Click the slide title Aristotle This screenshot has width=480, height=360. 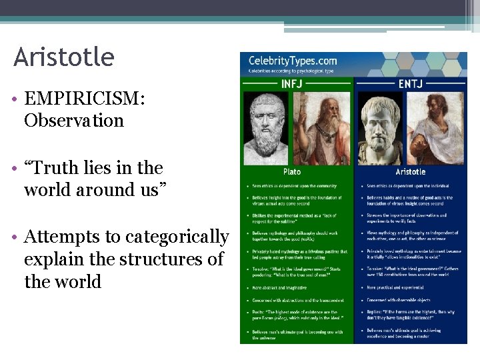pyautogui.click(x=64, y=57)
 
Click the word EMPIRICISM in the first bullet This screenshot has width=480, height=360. pyautogui.click(x=83, y=99)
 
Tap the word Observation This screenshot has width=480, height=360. pyautogui.click(x=74, y=121)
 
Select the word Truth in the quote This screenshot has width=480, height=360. pyautogui.click(x=61, y=167)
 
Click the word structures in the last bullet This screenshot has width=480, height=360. pyautogui.click(x=151, y=259)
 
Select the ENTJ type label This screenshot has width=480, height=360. pyautogui.click(x=411, y=84)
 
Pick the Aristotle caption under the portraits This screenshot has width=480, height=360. pyautogui.click(x=411, y=171)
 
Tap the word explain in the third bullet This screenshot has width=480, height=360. pyautogui.click(x=53, y=259)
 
